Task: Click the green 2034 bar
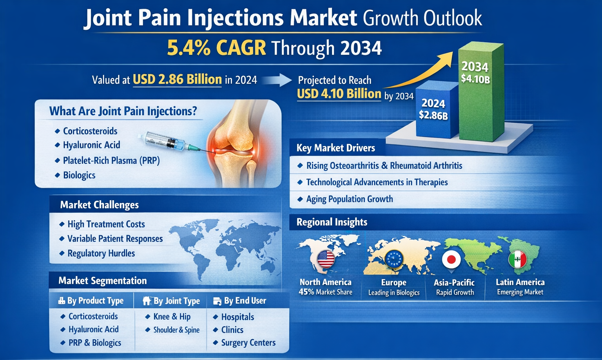(481, 91)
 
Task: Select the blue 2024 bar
(437, 110)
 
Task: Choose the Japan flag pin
(451, 260)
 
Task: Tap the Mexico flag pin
(517, 260)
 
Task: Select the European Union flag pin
(394, 260)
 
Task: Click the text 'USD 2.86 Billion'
(178, 80)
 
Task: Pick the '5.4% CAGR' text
(217, 48)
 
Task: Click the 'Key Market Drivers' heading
(335, 148)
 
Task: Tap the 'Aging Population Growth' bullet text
(350, 199)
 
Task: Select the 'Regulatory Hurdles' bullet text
(101, 253)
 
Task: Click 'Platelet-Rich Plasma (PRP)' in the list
(111, 161)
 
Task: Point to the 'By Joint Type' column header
(177, 301)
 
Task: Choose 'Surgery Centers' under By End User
(248, 343)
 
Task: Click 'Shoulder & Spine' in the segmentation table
(176, 330)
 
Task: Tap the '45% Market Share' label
(325, 292)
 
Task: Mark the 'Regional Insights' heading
(332, 222)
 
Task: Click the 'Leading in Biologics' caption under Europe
(394, 293)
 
